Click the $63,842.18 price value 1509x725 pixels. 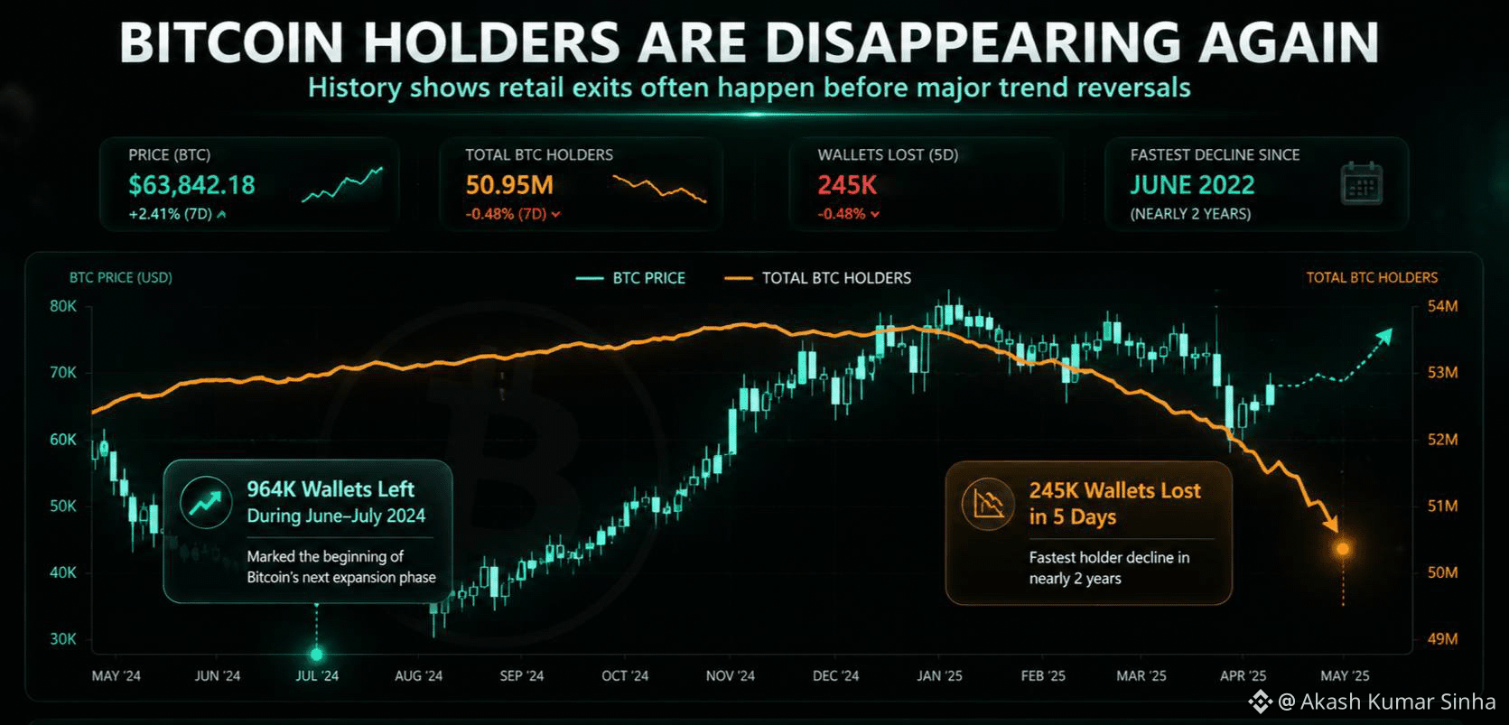click(192, 184)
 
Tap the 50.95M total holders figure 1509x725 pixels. click(509, 184)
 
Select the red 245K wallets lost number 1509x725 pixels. click(847, 184)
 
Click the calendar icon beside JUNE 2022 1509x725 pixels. click(1362, 183)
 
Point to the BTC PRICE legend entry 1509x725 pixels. click(630, 277)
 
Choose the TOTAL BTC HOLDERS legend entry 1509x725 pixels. click(817, 277)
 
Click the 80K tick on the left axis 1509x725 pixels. click(62, 306)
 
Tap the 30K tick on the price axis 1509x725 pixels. click(62, 638)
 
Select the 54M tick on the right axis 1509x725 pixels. click(1442, 306)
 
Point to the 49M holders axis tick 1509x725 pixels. click(1442, 638)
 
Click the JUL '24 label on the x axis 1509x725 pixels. click(317, 676)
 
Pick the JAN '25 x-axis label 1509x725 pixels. click(939, 676)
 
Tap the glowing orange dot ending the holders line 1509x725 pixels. click(1343, 549)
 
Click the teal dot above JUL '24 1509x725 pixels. click(316, 654)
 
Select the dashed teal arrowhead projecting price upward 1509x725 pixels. click(1383, 337)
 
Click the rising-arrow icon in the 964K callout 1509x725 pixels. click(206, 502)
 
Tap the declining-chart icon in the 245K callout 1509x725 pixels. click(988, 503)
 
